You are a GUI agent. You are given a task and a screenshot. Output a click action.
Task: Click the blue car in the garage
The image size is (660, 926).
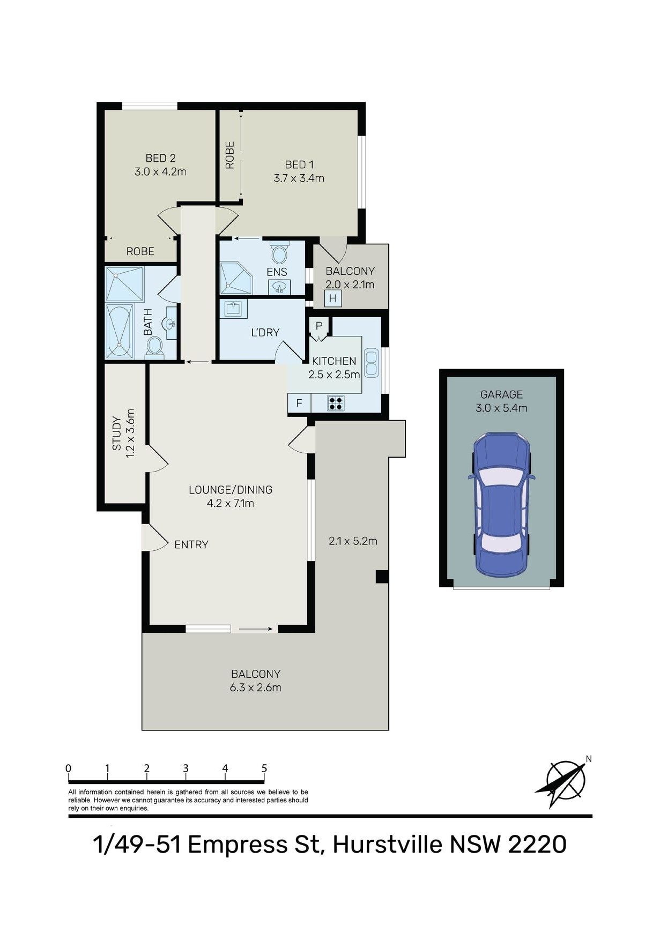(x=501, y=504)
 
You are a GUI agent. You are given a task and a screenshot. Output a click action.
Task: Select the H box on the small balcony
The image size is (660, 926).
(x=332, y=298)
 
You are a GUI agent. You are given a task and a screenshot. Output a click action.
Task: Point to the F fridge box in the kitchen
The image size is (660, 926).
(x=299, y=403)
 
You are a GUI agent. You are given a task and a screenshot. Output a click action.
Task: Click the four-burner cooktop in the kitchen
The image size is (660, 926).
(x=336, y=403)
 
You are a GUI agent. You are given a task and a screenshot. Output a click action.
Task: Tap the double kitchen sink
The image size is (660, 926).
(x=371, y=363)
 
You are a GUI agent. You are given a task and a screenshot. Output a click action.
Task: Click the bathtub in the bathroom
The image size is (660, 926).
(x=120, y=331)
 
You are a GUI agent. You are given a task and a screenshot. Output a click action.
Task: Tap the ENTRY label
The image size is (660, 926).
(x=191, y=544)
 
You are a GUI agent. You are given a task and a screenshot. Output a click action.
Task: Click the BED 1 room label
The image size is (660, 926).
(x=299, y=165)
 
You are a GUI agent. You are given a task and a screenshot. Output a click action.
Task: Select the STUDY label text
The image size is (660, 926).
(x=116, y=434)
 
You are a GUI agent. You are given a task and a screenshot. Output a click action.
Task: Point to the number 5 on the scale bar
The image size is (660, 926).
(x=264, y=768)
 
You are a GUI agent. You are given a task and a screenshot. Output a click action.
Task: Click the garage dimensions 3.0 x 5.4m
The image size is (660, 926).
(x=501, y=408)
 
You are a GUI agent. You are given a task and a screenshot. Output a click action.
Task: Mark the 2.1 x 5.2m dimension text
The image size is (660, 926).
(x=353, y=541)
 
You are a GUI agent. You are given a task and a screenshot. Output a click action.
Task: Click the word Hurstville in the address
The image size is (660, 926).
(x=388, y=845)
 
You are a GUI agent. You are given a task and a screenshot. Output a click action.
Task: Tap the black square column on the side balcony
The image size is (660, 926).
(x=382, y=577)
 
